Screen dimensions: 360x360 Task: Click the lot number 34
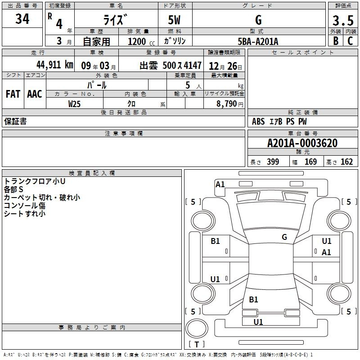click(x=22, y=19)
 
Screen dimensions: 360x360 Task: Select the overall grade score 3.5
click(x=343, y=21)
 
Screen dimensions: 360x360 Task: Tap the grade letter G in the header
click(x=258, y=20)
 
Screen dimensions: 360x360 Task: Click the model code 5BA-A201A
click(x=258, y=41)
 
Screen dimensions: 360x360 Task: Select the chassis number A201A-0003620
click(x=302, y=143)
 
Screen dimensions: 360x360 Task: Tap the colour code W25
click(x=75, y=103)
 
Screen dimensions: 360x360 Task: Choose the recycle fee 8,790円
click(x=229, y=104)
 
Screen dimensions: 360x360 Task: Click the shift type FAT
click(x=13, y=94)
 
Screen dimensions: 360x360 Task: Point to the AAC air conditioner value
click(x=35, y=94)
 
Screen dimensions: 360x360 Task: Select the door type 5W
click(x=175, y=20)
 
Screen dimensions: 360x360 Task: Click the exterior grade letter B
click(x=335, y=41)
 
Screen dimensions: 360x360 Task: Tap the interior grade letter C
click(x=350, y=41)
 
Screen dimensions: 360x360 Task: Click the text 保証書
click(x=15, y=121)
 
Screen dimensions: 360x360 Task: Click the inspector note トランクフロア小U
click(x=35, y=181)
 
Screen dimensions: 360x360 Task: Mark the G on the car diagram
click(x=284, y=237)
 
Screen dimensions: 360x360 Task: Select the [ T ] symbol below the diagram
click(x=197, y=345)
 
